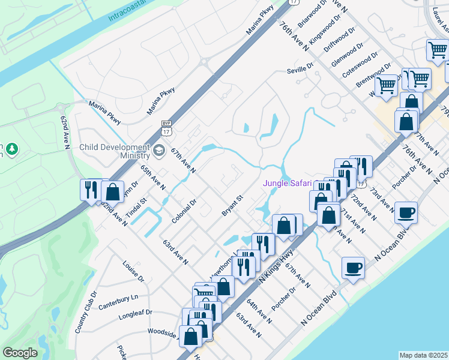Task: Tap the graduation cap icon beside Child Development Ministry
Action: coord(160,151)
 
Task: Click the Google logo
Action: coord(20,353)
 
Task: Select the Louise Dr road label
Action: coord(133,271)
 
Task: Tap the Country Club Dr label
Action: coord(86,313)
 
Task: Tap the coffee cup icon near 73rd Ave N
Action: coord(406,212)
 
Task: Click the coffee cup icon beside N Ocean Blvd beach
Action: coord(353,267)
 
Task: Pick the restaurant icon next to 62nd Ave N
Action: coord(91,190)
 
